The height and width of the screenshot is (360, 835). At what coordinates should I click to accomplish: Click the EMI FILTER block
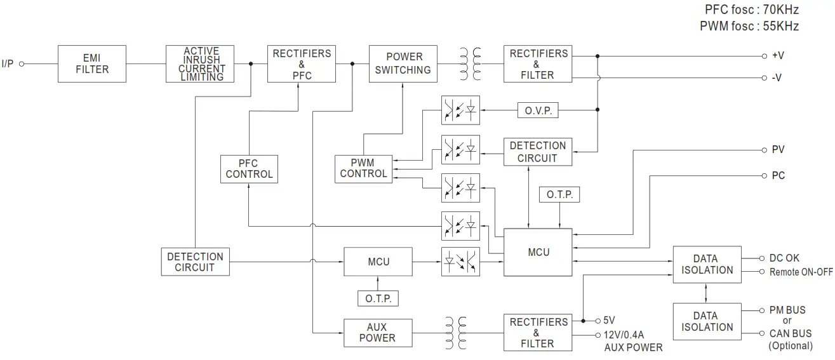(x=92, y=63)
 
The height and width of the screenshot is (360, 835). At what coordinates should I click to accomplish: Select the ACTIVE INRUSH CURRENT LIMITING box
(x=203, y=63)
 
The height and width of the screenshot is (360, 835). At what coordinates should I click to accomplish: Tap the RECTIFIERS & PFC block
(x=302, y=63)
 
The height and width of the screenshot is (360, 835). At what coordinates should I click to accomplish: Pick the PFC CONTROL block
(x=249, y=168)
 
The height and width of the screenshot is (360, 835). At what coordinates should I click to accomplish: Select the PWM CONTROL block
(x=364, y=168)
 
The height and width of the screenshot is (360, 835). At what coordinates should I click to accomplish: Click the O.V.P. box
(x=538, y=110)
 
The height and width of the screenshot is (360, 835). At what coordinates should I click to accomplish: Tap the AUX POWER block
(x=377, y=333)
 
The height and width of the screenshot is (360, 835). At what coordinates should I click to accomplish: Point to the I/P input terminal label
(x=8, y=63)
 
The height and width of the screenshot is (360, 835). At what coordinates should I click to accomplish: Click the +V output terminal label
(x=778, y=56)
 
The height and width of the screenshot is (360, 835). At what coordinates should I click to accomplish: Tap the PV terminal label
(x=778, y=150)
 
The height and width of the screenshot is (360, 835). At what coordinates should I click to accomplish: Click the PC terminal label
(x=778, y=175)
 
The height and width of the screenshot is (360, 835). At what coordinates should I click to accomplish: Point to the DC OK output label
(x=784, y=258)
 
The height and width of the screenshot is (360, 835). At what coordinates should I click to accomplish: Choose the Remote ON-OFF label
(x=801, y=272)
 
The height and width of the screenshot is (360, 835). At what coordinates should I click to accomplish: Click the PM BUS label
(x=787, y=310)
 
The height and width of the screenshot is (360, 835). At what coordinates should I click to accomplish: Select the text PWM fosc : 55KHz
(x=749, y=27)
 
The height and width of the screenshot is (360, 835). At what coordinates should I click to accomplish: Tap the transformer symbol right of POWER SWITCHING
(x=470, y=63)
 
